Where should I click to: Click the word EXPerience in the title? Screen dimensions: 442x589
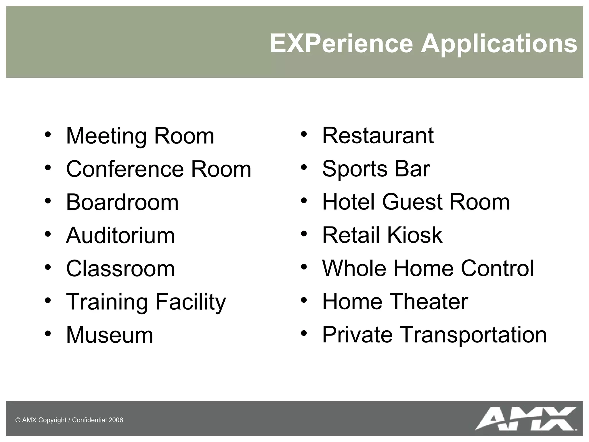341,44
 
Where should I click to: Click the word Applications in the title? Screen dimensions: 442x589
499,44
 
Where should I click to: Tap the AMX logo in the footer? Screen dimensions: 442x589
526,418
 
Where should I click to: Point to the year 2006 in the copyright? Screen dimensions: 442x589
116,420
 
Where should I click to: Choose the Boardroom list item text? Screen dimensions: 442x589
122,202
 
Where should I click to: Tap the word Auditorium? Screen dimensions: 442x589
120,235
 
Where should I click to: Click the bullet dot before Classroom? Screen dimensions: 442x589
48,267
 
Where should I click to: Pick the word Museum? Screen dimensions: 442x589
110,335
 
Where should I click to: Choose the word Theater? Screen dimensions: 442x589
429,301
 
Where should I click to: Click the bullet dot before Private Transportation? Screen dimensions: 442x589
304,333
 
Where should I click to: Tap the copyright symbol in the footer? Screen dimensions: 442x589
18,420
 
